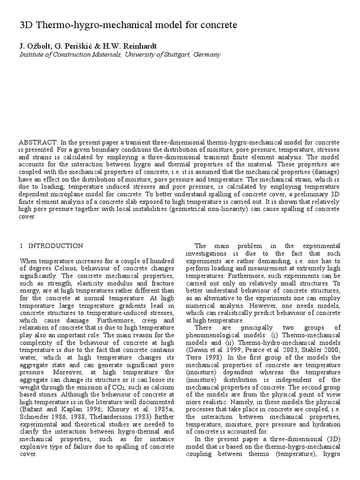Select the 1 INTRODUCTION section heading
pyautogui.click(x=52, y=246)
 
